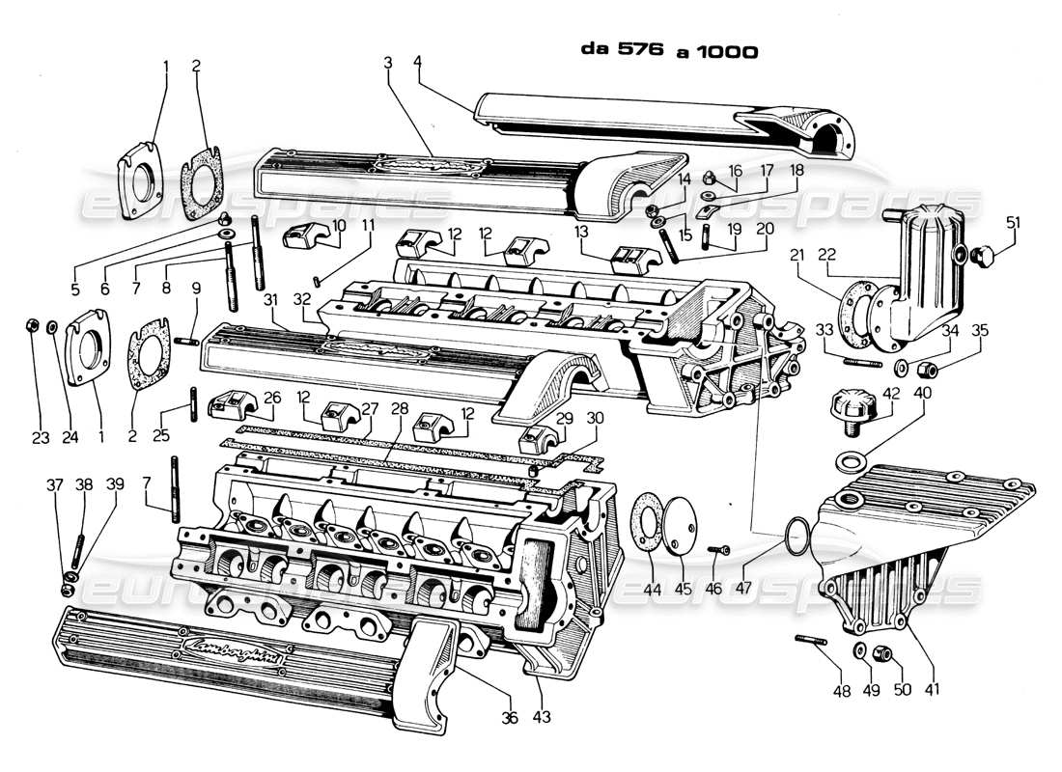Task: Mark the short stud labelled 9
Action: point(187,339)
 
